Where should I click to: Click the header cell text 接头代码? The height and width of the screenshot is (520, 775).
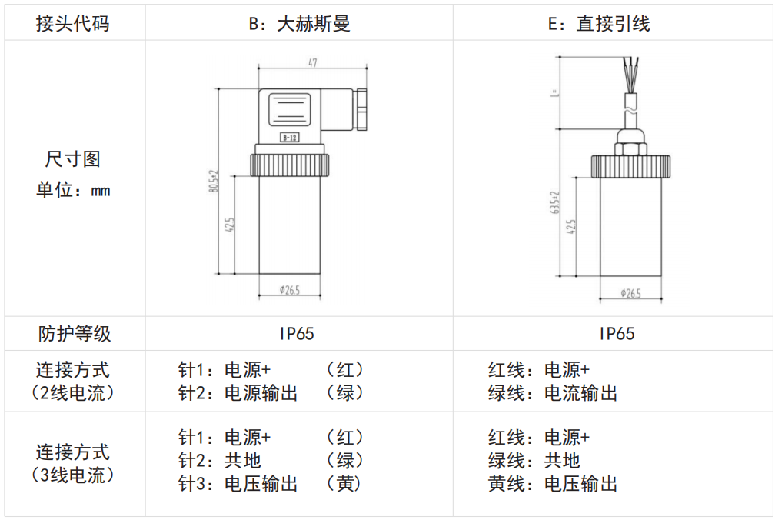73,24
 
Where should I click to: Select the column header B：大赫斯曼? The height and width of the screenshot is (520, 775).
299,24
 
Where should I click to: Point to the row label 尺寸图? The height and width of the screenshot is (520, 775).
73,160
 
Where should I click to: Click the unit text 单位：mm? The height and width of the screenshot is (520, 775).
73,189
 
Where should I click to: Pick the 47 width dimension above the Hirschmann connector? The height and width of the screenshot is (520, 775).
313,63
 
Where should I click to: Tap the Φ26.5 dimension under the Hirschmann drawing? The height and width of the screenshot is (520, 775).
290,290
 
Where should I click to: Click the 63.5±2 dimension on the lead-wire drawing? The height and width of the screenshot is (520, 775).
554,204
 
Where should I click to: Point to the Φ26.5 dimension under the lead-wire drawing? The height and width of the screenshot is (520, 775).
630,295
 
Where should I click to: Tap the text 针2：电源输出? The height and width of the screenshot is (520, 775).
238,393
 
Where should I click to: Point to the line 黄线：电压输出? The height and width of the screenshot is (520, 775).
553,484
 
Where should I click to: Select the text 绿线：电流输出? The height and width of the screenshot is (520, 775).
553,393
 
